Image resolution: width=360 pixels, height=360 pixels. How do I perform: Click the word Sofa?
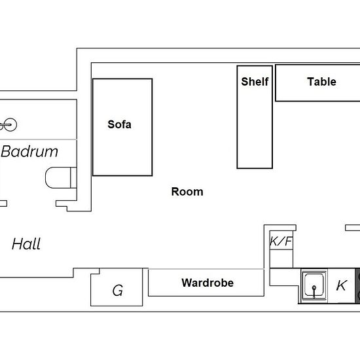(119, 124)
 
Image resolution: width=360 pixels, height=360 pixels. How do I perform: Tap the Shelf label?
(255, 82)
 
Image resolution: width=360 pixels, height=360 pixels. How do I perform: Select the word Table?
(321, 82)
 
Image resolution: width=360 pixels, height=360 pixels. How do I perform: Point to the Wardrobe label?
(207, 283)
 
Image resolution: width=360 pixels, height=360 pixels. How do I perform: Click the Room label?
(187, 192)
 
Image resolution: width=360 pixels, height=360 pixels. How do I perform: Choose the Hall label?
(26, 243)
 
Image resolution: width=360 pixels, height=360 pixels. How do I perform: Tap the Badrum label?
(29, 152)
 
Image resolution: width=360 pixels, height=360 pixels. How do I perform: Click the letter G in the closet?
(118, 291)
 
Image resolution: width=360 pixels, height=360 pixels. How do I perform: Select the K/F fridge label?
(281, 241)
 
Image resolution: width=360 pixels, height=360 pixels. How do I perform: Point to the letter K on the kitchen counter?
(341, 285)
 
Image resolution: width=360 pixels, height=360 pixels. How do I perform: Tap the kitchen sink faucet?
(314, 291)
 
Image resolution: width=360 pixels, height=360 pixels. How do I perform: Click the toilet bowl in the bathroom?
(58, 177)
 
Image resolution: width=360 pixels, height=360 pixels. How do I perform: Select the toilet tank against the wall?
(73, 177)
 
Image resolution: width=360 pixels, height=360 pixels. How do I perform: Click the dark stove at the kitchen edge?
(357, 285)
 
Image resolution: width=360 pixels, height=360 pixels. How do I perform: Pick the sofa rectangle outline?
(93, 127)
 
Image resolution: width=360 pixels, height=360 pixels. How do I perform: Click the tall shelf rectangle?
(237, 117)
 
